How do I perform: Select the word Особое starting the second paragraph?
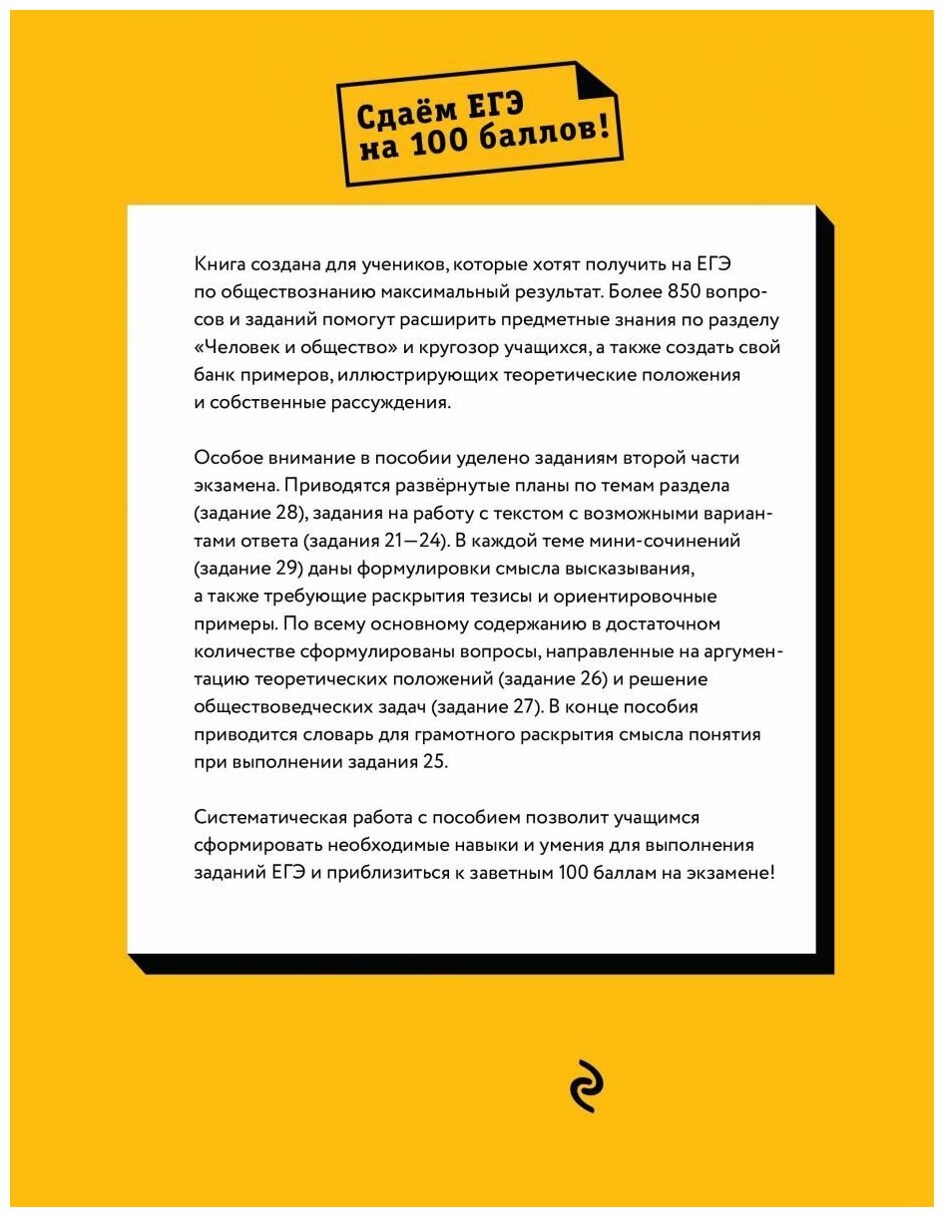(x=225, y=458)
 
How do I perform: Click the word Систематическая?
(x=263, y=818)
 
